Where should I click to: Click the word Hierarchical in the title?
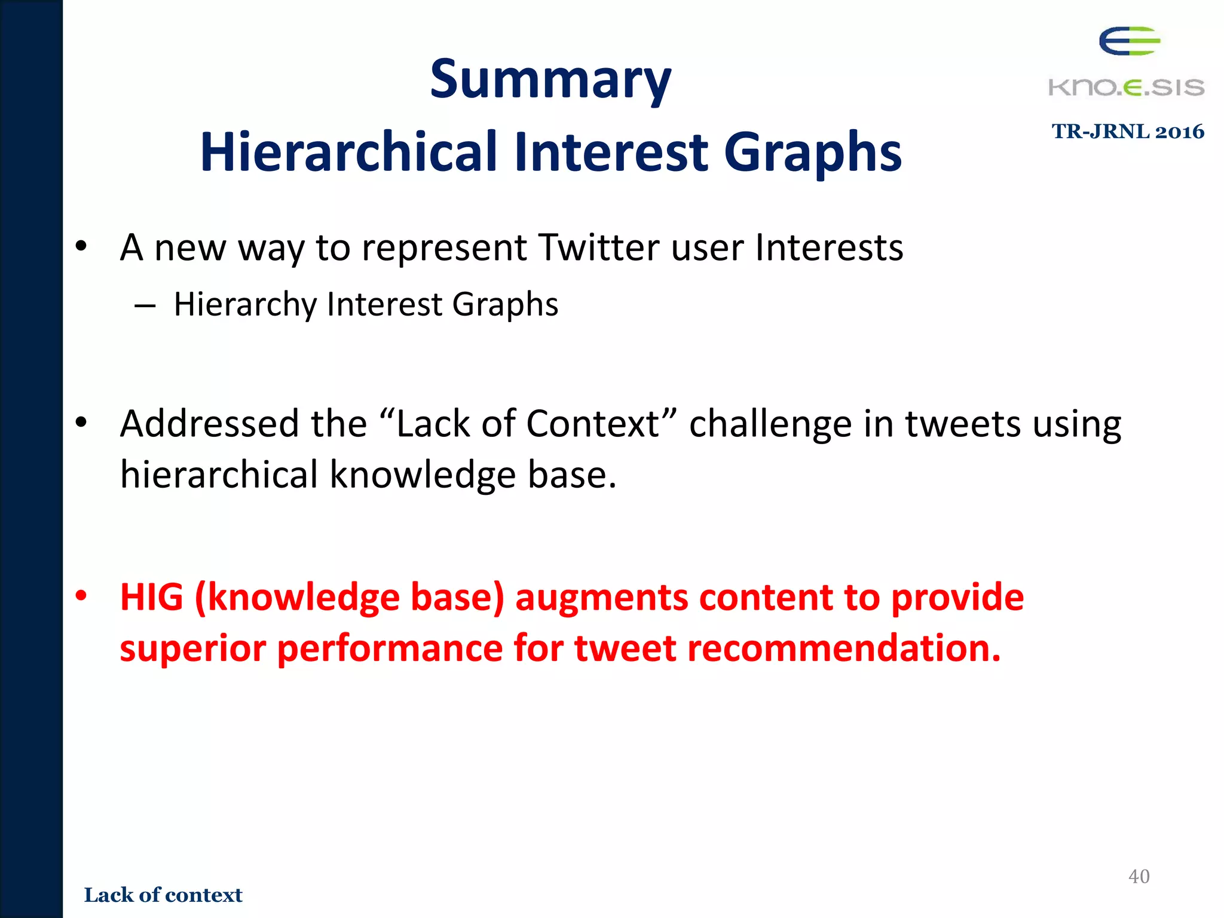click(x=348, y=152)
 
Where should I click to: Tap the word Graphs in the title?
click(x=812, y=152)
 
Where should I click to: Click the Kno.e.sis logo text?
click(x=1126, y=87)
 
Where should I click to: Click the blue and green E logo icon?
click(x=1129, y=41)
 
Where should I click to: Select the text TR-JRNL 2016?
click(x=1128, y=131)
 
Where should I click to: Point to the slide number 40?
click(x=1139, y=876)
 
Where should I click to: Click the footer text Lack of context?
click(x=163, y=895)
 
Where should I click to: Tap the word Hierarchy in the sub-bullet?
click(x=245, y=304)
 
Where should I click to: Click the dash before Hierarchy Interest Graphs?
click(x=145, y=306)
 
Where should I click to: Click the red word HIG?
click(x=151, y=597)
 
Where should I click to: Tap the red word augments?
click(x=601, y=598)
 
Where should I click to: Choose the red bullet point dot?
click(x=81, y=595)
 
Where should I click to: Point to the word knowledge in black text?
click(x=422, y=475)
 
